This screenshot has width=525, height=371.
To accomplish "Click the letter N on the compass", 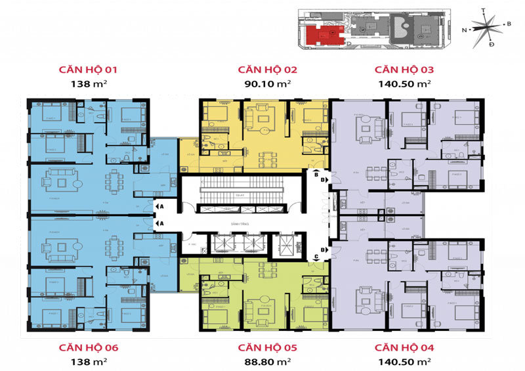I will pyautogui.click(x=464, y=30).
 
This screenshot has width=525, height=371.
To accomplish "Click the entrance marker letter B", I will pyautogui.click(x=316, y=176).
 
